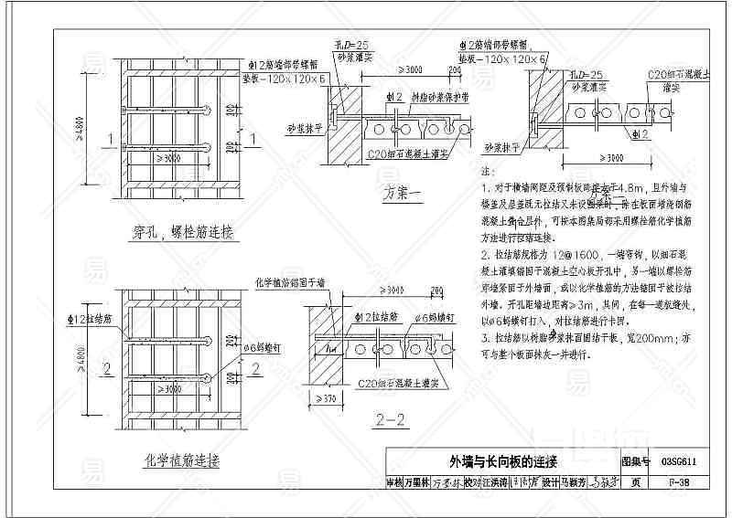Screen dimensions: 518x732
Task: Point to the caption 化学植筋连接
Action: [182, 460]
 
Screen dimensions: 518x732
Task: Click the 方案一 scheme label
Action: [403, 194]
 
